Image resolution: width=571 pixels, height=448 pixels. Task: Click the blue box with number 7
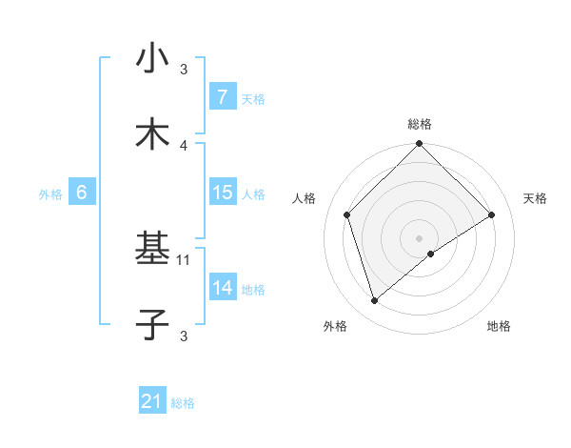(x=222, y=97)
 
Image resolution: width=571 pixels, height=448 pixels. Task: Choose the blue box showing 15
(x=222, y=193)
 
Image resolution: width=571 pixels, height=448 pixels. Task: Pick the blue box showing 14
(x=222, y=288)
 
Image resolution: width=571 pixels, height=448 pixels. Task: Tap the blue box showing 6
(x=82, y=193)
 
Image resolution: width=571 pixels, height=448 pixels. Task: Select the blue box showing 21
(x=152, y=402)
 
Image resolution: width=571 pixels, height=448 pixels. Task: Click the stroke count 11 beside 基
(x=185, y=258)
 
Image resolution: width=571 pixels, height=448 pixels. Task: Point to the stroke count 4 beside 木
(x=185, y=145)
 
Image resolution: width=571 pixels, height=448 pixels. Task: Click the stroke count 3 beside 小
(x=185, y=69)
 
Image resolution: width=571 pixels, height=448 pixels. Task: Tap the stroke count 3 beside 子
(x=185, y=335)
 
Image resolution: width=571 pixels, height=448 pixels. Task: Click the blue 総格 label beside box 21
(x=184, y=403)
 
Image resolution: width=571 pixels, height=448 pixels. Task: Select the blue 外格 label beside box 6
(x=50, y=193)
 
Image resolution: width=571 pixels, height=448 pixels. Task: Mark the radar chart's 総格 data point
(x=419, y=145)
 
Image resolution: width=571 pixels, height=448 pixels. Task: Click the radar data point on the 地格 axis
(x=431, y=254)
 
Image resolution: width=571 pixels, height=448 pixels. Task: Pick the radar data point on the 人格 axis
(x=347, y=214)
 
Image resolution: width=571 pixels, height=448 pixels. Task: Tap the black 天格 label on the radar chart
(x=535, y=198)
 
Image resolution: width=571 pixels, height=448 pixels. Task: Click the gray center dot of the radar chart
(x=419, y=237)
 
